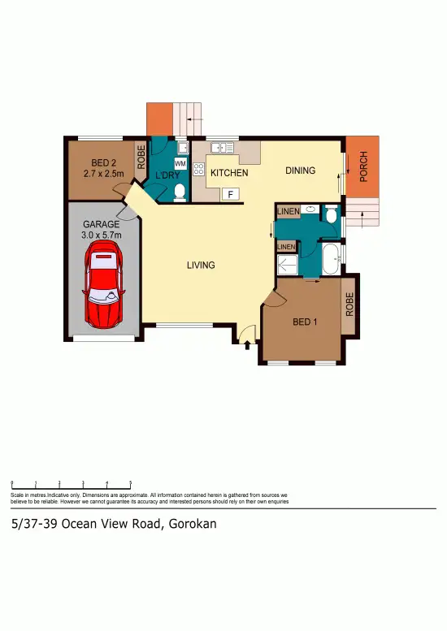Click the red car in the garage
tap(104, 287)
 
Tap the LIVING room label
tap(200, 266)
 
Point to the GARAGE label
tap(102, 225)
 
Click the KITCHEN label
tap(229, 173)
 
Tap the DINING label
tap(300, 171)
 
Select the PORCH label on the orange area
tap(364, 168)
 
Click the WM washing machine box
tap(180, 164)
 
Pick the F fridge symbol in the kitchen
tap(230, 194)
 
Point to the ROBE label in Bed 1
tap(350, 305)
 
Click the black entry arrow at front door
tap(246, 346)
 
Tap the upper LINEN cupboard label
tap(289, 212)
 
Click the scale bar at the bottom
tap(72, 484)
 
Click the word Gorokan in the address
tap(193, 524)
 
